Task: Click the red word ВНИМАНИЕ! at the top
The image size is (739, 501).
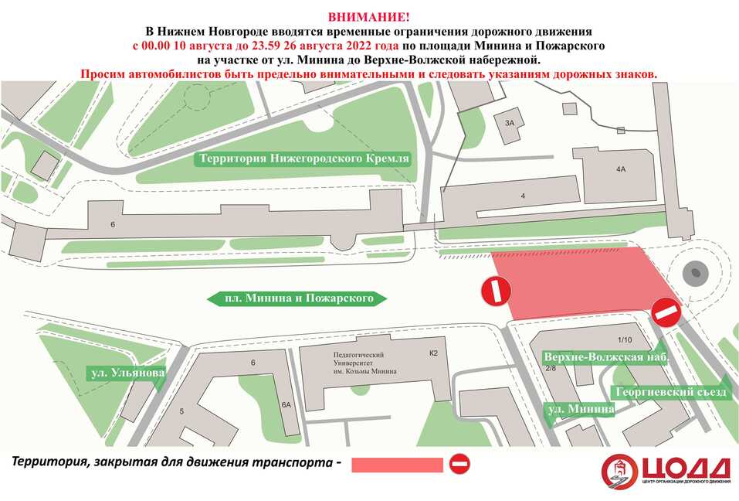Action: click(x=369, y=17)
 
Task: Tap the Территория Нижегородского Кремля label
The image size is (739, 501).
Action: click(x=303, y=158)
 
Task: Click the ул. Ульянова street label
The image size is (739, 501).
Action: click(x=127, y=373)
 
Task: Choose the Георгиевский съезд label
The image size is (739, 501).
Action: click(x=669, y=392)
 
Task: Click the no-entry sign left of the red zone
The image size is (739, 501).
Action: click(x=495, y=291)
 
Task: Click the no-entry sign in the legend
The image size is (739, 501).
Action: click(x=459, y=464)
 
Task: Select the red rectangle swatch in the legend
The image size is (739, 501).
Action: click(x=397, y=465)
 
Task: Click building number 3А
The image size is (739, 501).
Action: click(x=509, y=123)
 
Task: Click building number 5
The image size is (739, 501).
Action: click(x=181, y=411)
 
